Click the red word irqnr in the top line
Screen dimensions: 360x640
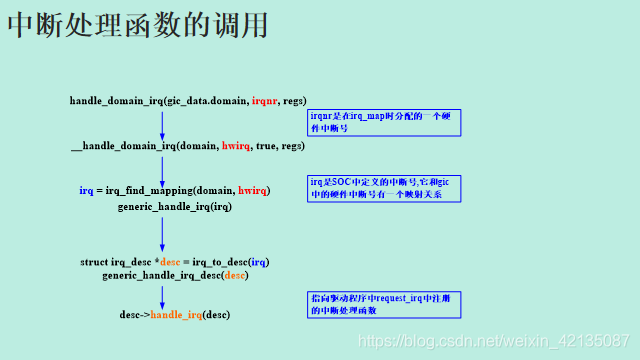(265, 101)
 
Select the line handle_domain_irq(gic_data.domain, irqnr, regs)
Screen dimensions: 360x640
(188, 101)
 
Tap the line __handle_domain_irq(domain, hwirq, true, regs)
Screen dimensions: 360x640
(188, 146)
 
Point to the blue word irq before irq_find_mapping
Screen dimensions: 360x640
(87, 190)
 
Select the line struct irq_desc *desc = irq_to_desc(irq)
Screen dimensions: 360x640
(175, 261)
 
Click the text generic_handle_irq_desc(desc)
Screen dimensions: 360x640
(175, 274)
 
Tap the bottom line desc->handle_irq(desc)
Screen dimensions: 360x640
(175, 315)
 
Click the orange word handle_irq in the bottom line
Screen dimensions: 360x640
(176, 315)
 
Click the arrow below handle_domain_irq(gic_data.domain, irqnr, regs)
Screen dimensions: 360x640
(162, 124)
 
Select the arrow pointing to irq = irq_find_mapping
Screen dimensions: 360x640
(162, 168)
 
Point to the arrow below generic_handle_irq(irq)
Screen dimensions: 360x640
(162, 234)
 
